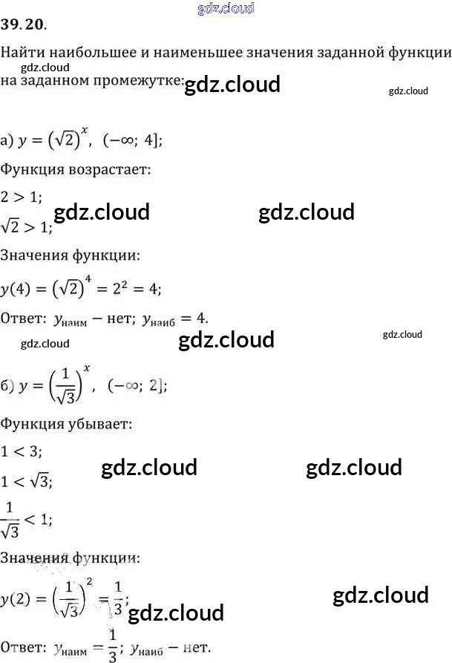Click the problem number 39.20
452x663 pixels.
pos(24,25)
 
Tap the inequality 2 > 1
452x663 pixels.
pos(22,197)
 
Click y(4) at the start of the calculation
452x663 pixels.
pos(18,288)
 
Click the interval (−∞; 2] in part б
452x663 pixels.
pos(137,386)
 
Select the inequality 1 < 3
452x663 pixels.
pos(22,452)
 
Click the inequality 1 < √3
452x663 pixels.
pos(27,481)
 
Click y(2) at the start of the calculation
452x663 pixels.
pos(18,600)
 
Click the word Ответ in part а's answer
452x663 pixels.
pos(23,318)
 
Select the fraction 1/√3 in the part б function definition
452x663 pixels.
pos(72,386)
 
